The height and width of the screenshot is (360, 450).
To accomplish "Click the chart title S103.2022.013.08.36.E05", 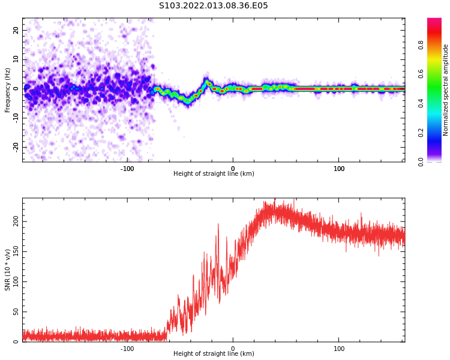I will click(213, 6).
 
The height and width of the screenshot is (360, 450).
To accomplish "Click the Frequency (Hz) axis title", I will click(8, 90).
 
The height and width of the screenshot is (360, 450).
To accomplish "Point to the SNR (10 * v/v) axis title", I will click(8, 270).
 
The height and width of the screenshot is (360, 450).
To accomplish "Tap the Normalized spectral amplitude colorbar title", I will click(446, 90).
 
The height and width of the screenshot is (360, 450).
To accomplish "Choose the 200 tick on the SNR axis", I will click(14, 221).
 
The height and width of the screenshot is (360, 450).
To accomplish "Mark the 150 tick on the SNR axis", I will click(14, 251).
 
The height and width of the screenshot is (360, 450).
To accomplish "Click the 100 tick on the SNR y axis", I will click(14, 281).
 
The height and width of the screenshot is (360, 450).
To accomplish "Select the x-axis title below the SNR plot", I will click(214, 354).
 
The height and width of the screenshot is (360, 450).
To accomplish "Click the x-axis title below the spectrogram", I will click(214, 174).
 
